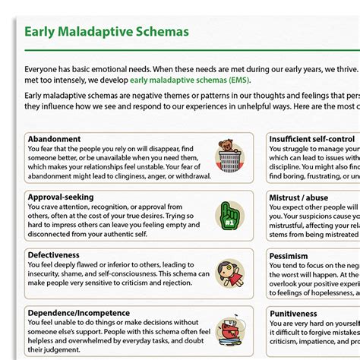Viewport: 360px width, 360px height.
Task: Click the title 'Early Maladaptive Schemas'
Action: point(106,32)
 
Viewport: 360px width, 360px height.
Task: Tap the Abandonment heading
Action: point(54,140)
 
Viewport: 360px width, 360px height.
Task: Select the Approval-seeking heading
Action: point(61,197)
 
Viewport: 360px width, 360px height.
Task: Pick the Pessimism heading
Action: point(289,256)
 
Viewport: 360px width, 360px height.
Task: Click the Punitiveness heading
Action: point(293,313)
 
